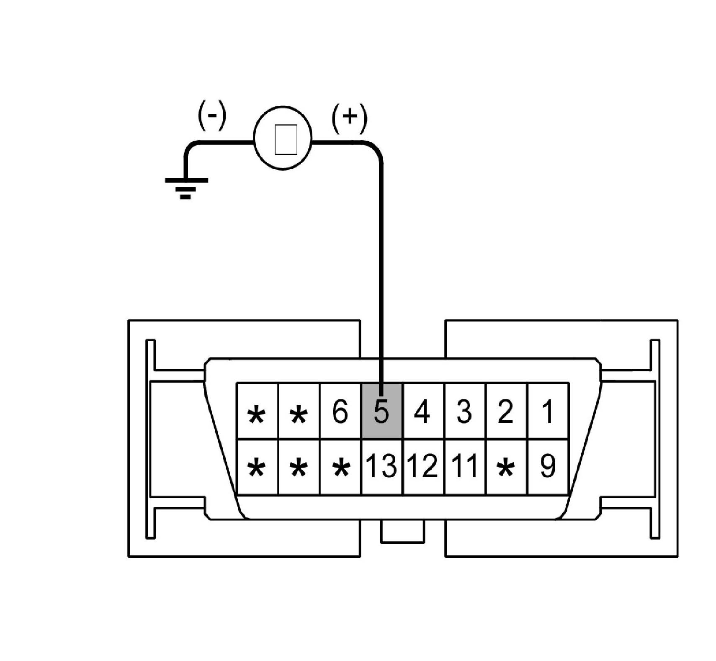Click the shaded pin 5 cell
(x=381, y=411)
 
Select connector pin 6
(x=340, y=411)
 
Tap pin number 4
(x=422, y=411)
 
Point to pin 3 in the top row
(x=464, y=411)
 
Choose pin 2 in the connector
(x=505, y=411)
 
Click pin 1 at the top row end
(x=547, y=411)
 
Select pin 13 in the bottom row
(x=381, y=466)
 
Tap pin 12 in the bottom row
(x=422, y=466)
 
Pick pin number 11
(x=464, y=466)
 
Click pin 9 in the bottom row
(x=547, y=466)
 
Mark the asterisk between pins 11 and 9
(x=506, y=467)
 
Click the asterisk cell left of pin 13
(x=340, y=467)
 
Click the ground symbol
(x=186, y=187)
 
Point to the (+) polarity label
(x=349, y=117)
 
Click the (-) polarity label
(x=212, y=115)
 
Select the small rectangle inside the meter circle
(x=286, y=139)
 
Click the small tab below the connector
(x=402, y=532)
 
